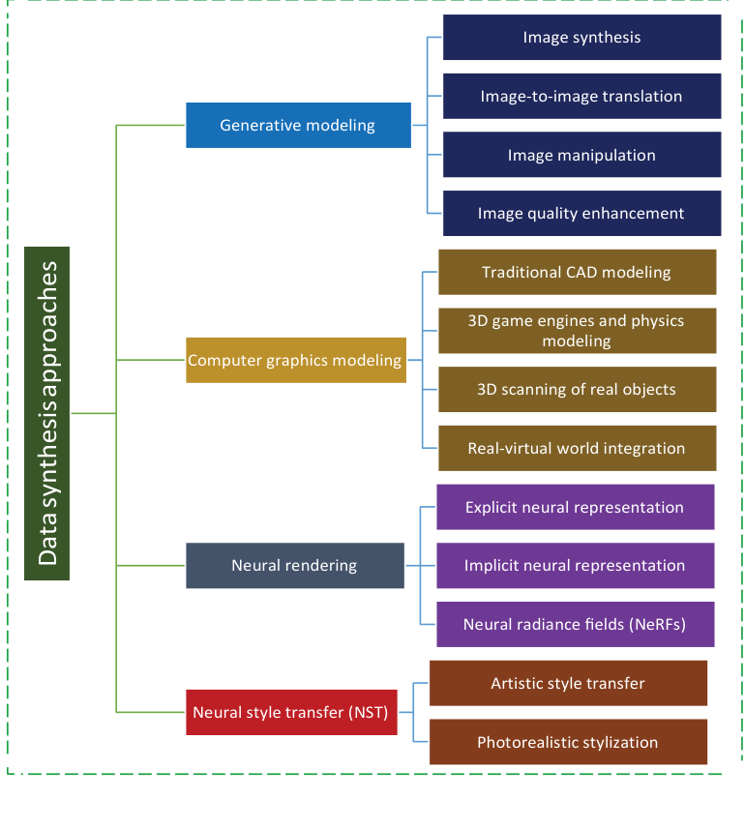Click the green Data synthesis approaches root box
click(x=46, y=413)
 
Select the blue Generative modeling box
click(x=298, y=125)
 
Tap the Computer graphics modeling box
click(x=295, y=360)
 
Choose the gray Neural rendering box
click(x=294, y=565)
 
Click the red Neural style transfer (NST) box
click(x=290, y=713)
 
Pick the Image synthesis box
click(x=581, y=38)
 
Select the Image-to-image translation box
click(x=581, y=96)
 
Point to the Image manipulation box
click(x=581, y=155)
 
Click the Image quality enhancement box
click(x=581, y=213)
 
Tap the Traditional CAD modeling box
click(x=577, y=272)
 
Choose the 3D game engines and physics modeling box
click(x=577, y=331)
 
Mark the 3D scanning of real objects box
click(x=577, y=390)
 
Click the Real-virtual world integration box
click(x=577, y=448)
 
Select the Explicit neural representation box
click(x=575, y=507)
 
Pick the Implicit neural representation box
click(x=575, y=565)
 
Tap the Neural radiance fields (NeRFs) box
click(x=575, y=624)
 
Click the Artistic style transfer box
click(x=568, y=683)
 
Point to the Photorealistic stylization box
click(x=568, y=742)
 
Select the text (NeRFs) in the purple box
click(x=657, y=624)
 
